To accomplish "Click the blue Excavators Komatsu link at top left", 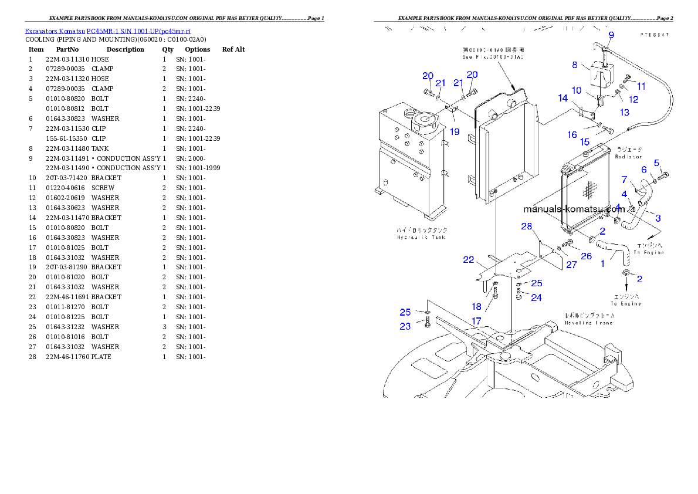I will (107, 31).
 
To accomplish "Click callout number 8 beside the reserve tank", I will (575, 65).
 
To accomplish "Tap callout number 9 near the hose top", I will (611, 35).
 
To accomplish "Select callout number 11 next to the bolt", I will (641, 86).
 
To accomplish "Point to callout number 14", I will (563, 98).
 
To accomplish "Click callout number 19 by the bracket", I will (455, 131).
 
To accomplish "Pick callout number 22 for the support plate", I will (468, 260).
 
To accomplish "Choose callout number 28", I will (526, 226).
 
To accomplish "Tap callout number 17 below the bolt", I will (476, 321).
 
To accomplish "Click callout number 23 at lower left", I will (405, 326).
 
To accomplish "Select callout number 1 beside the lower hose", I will (602, 263).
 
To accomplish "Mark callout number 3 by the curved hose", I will (658, 218).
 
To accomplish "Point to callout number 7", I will (624, 179).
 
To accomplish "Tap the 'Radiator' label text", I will (629, 157).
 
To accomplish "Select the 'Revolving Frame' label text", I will (589, 322).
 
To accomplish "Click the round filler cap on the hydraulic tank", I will (422, 121).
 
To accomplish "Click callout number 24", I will (536, 297).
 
